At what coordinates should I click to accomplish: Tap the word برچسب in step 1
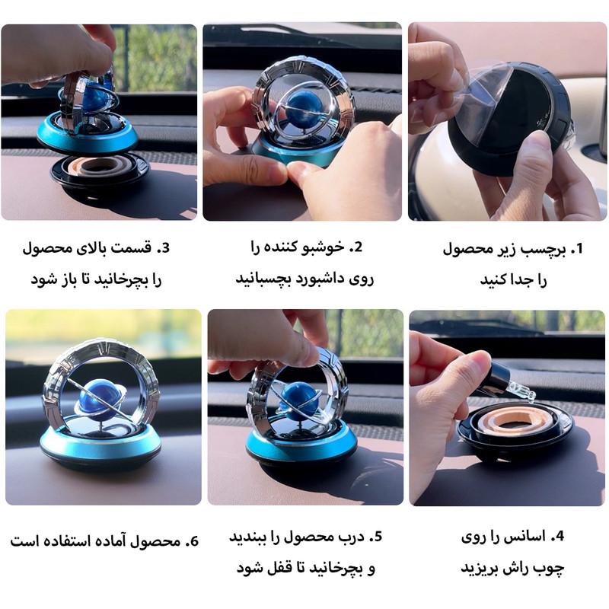[x=543, y=250]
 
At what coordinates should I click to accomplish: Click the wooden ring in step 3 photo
[x=98, y=166]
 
